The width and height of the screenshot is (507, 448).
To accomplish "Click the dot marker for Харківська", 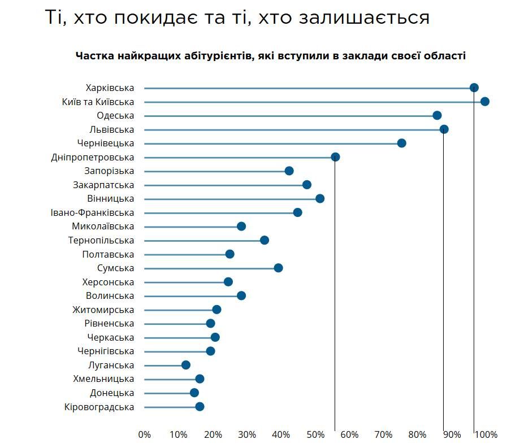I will (474, 88).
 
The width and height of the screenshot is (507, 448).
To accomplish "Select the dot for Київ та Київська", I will (484, 102).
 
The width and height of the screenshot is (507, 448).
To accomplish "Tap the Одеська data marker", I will (437, 115).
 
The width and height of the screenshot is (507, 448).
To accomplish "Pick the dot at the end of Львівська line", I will (444, 129).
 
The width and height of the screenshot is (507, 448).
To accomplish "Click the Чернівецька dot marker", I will (401, 143).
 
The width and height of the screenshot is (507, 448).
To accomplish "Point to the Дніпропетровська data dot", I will (335, 157).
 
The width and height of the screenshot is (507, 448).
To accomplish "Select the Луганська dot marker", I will (186, 365).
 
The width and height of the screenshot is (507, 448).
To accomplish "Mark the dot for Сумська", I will (278, 268).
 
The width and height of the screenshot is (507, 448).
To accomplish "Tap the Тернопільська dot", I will (264, 240).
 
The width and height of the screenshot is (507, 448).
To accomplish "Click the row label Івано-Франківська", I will (92, 212).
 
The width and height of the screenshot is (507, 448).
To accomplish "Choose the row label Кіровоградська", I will (99, 407).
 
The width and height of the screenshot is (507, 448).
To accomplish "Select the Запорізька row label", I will (103, 171).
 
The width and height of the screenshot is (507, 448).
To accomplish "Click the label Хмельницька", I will (103, 379).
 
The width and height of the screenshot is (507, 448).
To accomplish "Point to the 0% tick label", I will (145, 434).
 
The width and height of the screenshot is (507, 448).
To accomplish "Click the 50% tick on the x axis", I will (315, 434).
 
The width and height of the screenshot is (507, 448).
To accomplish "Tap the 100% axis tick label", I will (486, 434).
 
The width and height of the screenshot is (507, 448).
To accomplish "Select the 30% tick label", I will (247, 434).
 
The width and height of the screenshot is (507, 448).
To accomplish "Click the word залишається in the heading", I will (371, 18).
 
